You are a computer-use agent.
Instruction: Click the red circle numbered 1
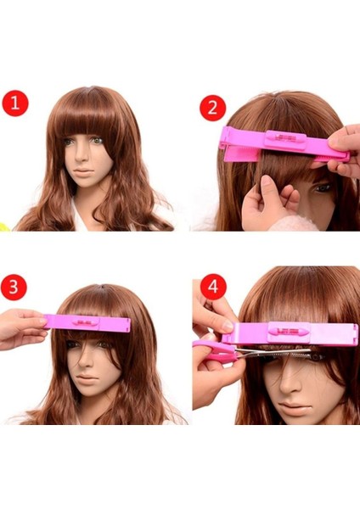14,104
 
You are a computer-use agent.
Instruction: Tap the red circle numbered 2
212,109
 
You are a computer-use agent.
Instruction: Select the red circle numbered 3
14,286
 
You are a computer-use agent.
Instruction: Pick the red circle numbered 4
212,287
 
